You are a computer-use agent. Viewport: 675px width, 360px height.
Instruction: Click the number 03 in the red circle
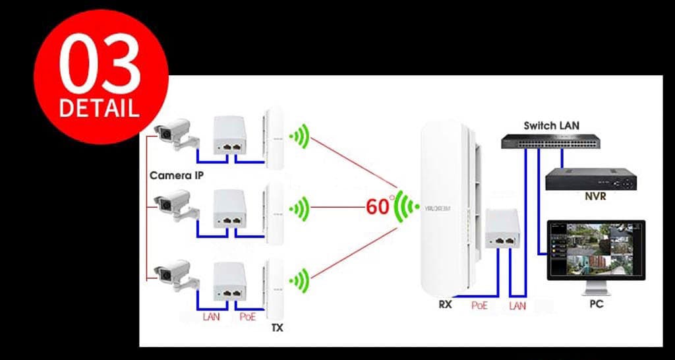tap(100, 67)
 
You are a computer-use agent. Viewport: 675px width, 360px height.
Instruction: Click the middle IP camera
tap(173, 204)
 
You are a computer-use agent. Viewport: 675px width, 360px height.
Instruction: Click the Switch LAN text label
tap(551, 125)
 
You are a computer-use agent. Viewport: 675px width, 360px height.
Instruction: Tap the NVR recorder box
tap(591, 179)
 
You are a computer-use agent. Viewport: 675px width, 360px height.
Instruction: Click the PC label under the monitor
tap(596, 305)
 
